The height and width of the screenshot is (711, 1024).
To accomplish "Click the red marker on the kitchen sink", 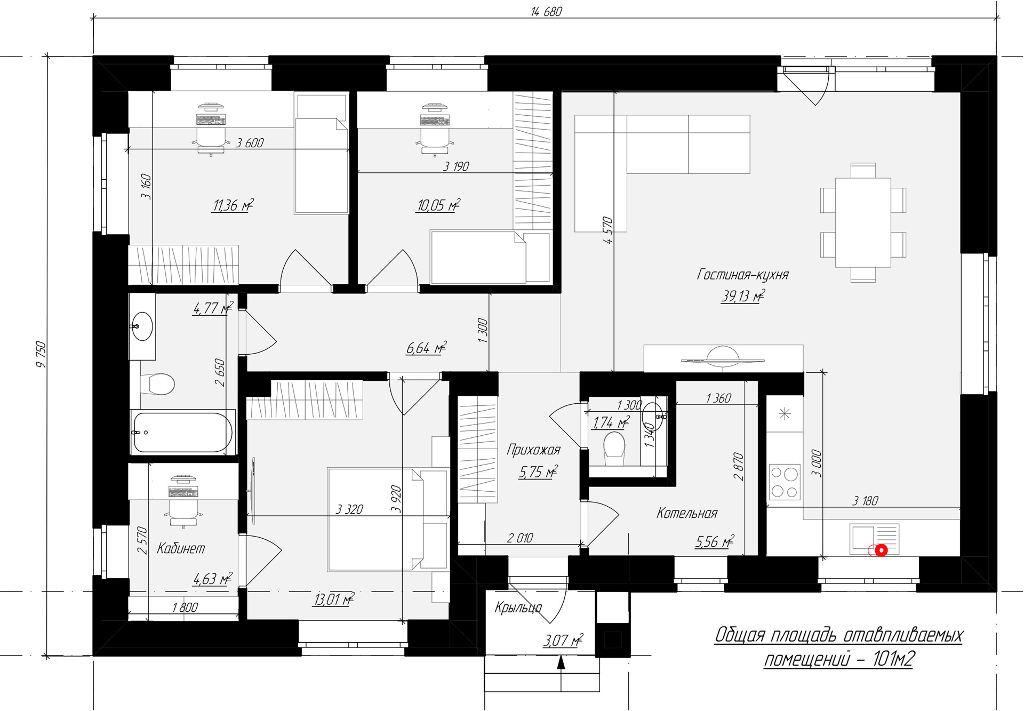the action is (881, 550).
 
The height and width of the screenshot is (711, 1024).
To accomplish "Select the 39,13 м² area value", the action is (742, 296).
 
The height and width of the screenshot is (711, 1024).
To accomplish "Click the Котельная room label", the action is (687, 514).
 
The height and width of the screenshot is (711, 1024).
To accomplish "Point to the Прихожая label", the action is (533, 450).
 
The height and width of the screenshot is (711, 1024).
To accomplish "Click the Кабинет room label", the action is (181, 548).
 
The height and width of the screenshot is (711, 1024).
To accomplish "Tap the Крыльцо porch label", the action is (518, 608).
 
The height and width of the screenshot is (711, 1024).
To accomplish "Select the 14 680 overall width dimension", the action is (547, 11).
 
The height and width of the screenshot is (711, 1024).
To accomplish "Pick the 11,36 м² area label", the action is (232, 205).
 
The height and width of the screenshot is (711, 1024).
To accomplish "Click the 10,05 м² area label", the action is (438, 205).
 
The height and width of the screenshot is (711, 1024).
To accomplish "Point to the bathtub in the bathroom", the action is (182, 432).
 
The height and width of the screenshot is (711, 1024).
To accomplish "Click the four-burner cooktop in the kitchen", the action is (784, 482).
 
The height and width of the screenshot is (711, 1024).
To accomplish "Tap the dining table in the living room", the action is (863, 222).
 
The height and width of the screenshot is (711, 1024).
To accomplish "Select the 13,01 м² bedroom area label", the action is (334, 600).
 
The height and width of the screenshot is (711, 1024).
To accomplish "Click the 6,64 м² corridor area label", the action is (426, 348).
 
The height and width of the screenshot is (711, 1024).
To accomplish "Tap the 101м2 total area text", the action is (894, 659).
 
